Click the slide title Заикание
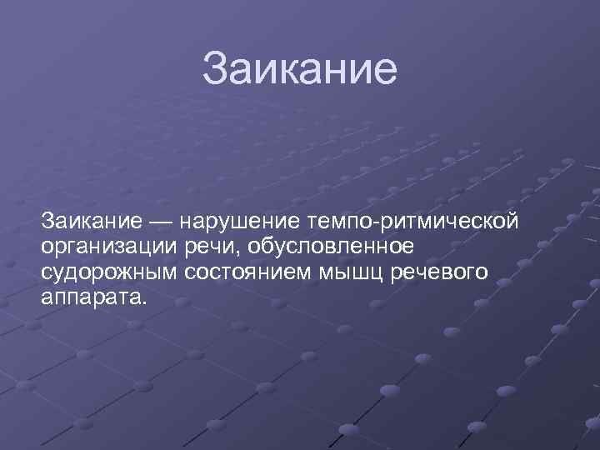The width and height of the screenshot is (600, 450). [x=300, y=69]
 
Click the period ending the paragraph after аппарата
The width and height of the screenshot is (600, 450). [x=143, y=302]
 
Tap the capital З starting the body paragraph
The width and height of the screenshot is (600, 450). [x=47, y=222]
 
